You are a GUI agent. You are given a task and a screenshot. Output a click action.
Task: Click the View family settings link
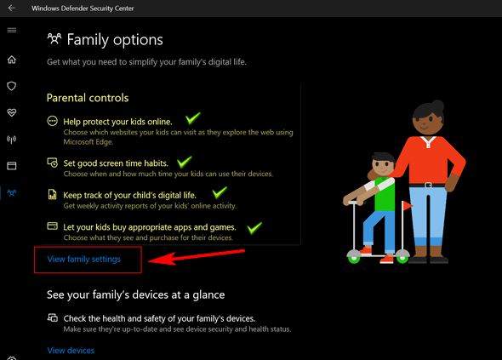coord(84,259)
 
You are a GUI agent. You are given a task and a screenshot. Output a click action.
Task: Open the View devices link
coord(71,351)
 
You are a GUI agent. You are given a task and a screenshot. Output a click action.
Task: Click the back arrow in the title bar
coord(12,8)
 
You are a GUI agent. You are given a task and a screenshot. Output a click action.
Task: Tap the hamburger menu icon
coord(12,30)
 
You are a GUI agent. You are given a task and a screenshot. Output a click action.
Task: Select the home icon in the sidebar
coord(12,60)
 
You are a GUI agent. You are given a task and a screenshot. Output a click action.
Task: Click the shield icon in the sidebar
coord(12,86)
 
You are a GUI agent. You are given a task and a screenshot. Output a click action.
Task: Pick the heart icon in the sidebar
coord(12,112)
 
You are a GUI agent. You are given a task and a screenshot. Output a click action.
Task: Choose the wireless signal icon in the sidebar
coord(12,140)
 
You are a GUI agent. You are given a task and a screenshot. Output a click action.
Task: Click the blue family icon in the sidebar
coord(12,193)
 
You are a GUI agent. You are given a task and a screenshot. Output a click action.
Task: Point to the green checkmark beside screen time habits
coord(185,162)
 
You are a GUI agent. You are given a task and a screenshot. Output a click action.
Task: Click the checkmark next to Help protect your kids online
coord(193,118)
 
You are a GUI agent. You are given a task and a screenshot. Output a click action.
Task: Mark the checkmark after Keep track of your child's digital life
coord(220,193)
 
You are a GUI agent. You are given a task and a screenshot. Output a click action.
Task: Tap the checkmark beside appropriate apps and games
coord(254,228)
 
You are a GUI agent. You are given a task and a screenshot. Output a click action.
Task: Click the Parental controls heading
coord(88,98)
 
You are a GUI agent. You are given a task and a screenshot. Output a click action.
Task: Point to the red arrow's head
coord(151,260)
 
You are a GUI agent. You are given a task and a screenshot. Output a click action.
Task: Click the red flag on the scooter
coord(408,205)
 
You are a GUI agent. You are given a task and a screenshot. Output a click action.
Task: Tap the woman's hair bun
coord(437,105)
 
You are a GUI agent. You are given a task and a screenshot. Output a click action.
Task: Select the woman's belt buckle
coord(428,186)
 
